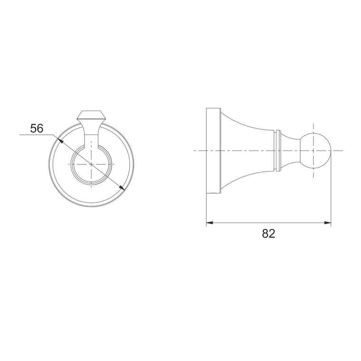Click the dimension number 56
coord(37,128)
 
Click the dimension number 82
coord(268,234)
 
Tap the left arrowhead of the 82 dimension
coord(209,223)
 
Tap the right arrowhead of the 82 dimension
coord(328,223)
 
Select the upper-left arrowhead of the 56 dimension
coord(60,141)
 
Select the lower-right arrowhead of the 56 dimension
coord(122,188)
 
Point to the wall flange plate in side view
coord(214,151)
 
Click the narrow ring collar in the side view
coord(278,151)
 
